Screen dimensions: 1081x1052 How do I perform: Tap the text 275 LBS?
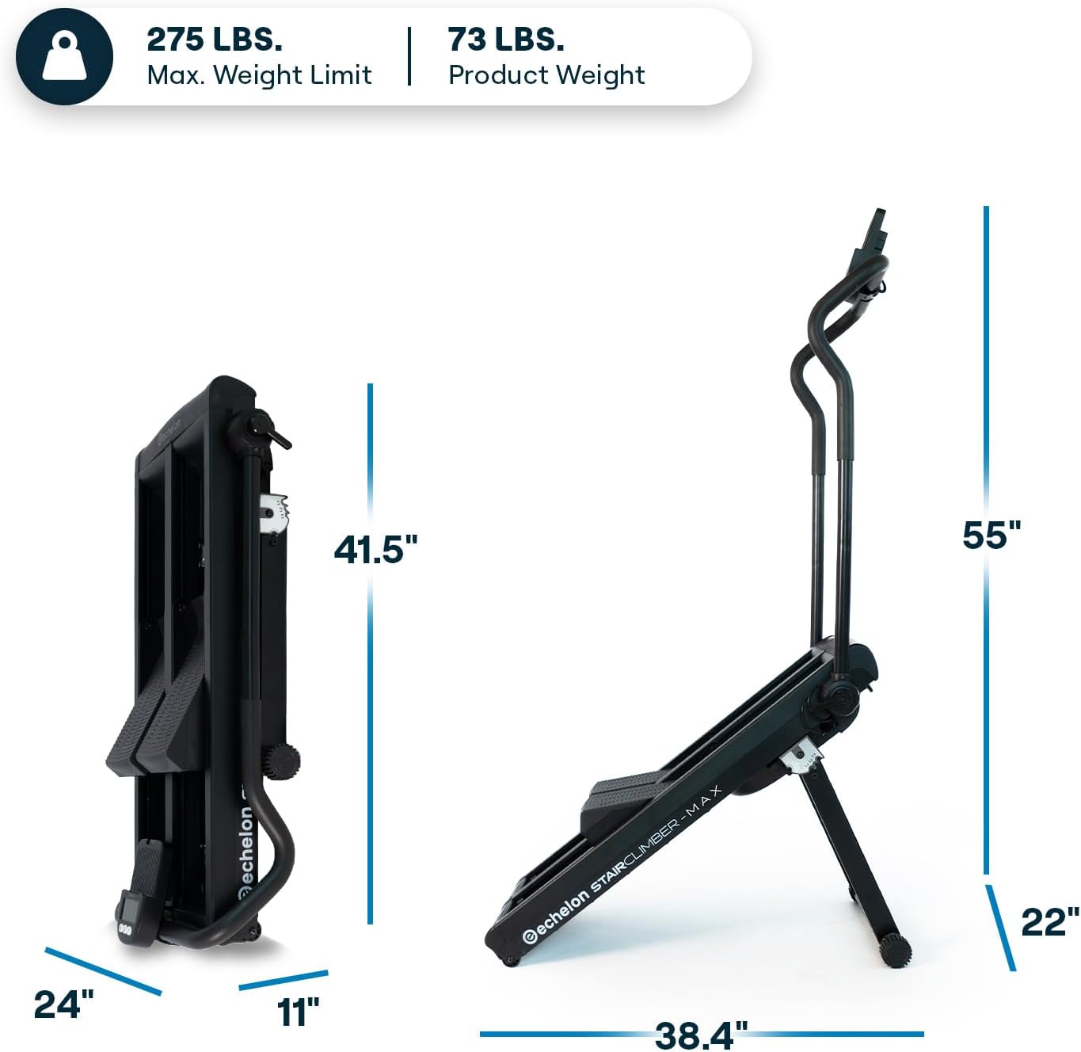(x=215, y=40)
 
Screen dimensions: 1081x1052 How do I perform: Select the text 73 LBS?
(x=505, y=40)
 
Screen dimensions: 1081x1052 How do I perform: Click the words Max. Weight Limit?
(x=259, y=75)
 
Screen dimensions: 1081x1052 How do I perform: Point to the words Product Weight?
(x=546, y=75)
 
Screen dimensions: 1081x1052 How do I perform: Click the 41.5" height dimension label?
(x=375, y=550)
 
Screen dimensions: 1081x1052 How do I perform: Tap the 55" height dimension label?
(x=992, y=536)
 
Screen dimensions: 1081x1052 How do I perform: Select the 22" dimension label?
(x=1050, y=923)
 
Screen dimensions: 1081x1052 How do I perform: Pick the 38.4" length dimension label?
(x=701, y=1035)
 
